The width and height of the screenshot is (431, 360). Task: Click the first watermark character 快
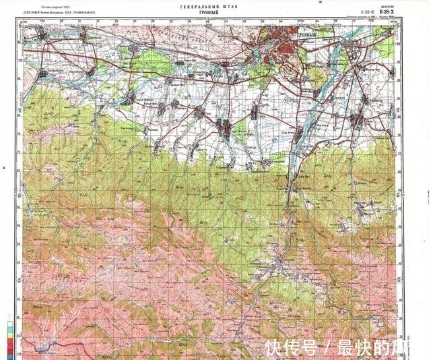[x=273, y=347]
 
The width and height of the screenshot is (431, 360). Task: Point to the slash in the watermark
[x=327, y=347]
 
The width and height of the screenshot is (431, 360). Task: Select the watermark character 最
[x=345, y=347]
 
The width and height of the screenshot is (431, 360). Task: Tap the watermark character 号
[x=309, y=347]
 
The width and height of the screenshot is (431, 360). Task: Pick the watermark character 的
[x=382, y=347]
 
